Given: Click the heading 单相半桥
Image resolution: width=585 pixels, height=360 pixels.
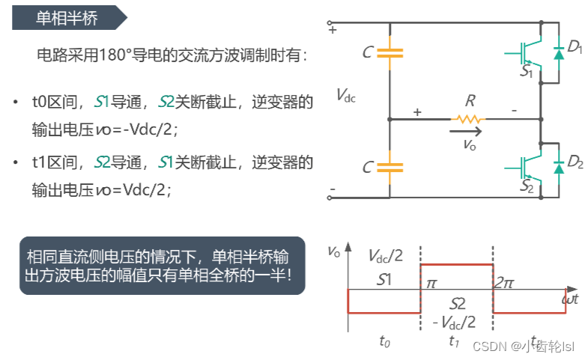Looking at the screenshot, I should pyautogui.click(x=67, y=18).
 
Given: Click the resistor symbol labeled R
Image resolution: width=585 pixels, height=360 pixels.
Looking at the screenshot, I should pyautogui.click(x=468, y=118).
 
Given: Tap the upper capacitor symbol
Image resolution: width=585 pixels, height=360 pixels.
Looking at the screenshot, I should pyautogui.click(x=390, y=52).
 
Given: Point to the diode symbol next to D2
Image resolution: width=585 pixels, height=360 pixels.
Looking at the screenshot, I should pyautogui.click(x=557, y=167).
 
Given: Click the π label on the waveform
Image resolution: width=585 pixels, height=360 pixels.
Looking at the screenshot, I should pyautogui.click(x=431, y=284).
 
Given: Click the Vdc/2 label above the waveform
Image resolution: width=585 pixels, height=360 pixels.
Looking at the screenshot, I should pyautogui.click(x=386, y=256).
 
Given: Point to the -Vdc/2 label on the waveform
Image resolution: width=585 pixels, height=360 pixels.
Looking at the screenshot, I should pyautogui.click(x=454, y=322).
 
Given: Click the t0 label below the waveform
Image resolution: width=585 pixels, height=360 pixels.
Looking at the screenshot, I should pyautogui.click(x=384, y=341).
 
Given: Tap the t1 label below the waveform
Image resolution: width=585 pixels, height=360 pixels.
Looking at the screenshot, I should pyautogui.click(x=454, y=341).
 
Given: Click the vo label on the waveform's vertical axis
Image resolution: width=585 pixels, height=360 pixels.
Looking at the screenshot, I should pyautogui.click(x=334, y=252).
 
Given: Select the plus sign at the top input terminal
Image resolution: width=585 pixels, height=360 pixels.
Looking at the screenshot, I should pyautogui.click(x=333, y=31).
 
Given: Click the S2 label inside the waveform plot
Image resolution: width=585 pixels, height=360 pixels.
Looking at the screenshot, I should pyautogui.click(x=458, y=303).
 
